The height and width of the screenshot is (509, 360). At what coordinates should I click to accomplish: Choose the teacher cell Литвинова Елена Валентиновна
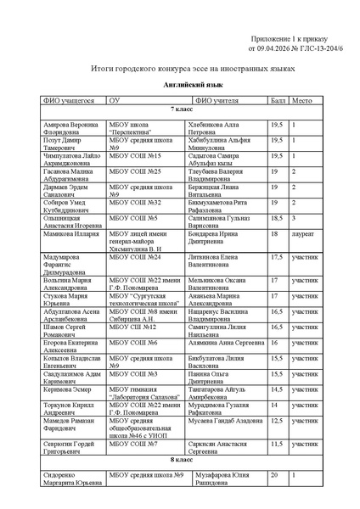click(x=201, y=260)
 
